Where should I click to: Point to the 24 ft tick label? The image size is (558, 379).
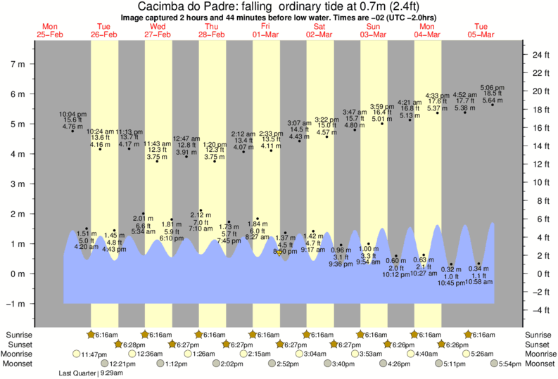(x=540, y=55)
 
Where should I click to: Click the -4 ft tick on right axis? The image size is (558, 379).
(x=540, y=310)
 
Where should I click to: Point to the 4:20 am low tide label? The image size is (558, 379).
(x=86, y=240)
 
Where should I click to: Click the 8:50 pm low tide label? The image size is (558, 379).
(x=285, y=251)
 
